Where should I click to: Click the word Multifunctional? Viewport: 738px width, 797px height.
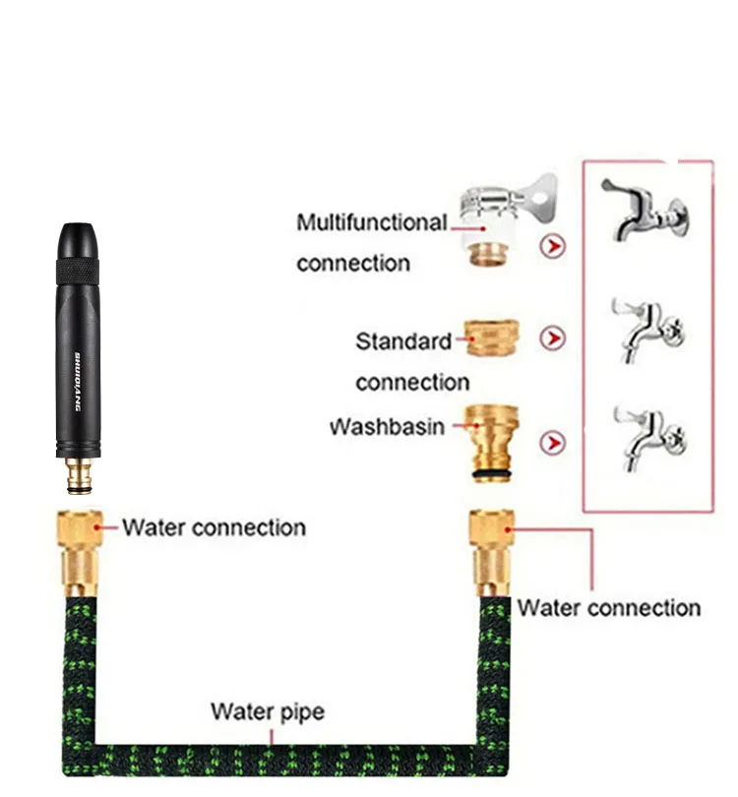[371, 223]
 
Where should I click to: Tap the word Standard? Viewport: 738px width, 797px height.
[402, 341]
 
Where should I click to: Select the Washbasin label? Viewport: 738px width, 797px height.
[387, 428]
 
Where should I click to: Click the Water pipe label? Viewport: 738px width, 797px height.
[267, 710]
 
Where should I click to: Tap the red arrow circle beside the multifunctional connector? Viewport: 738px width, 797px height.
[554, 246]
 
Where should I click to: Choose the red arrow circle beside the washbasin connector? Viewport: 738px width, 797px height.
[554, 442]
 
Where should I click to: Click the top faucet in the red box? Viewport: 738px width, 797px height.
[645, 211]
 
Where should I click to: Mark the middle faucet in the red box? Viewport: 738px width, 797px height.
[646, 330]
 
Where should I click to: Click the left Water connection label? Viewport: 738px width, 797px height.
[214, 527]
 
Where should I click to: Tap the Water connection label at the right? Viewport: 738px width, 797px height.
[608, 607]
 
